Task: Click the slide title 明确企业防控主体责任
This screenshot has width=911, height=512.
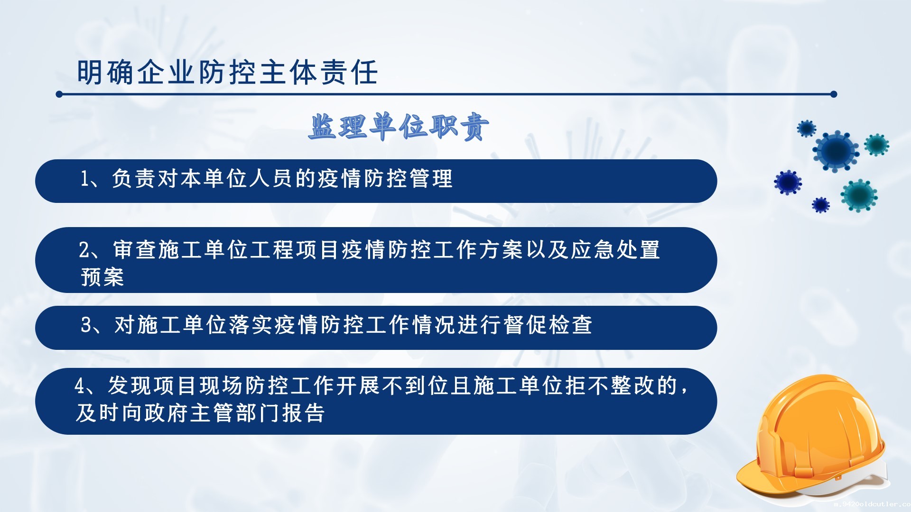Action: point(227,73)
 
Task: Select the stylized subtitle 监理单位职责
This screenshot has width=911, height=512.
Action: point(399,127)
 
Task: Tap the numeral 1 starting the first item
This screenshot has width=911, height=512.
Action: point(84,179)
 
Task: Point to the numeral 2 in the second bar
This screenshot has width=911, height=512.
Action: point(84,250)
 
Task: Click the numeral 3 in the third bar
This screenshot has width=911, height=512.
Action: point(86,325)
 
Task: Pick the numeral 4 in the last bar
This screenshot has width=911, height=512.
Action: point(80,386)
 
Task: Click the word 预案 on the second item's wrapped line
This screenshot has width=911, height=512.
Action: point(102,277)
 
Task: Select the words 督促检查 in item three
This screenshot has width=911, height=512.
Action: point(548,325)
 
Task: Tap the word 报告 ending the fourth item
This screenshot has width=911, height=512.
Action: point(304,413)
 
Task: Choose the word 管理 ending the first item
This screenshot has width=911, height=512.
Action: point(431,179)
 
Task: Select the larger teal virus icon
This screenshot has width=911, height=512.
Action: point(859,195)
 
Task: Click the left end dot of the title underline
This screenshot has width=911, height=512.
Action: point(59,94)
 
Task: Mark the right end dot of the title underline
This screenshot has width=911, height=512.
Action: point(834,94)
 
